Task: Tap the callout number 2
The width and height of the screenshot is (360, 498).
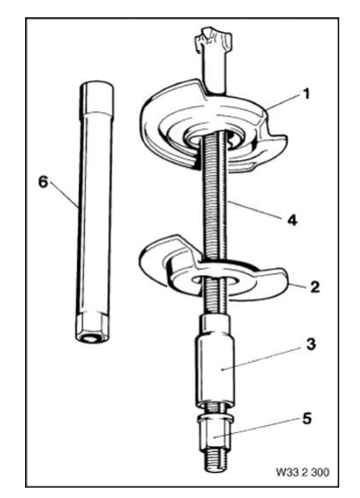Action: tap(316, 287)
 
